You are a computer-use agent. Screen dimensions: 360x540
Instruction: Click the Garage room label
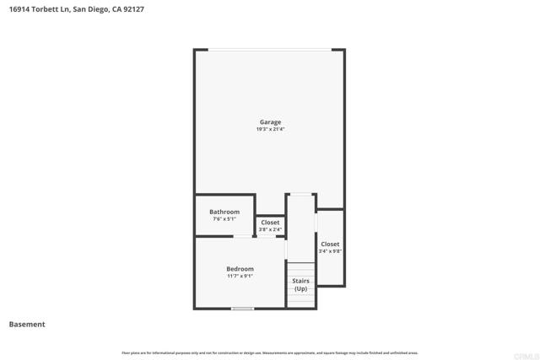pyautogui.click(x=270, y=122)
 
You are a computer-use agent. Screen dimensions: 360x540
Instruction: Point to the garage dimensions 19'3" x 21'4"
pyautogui.click(x=270, y=129)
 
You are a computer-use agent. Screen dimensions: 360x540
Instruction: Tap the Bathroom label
pyautogui.click(x=224, y=212)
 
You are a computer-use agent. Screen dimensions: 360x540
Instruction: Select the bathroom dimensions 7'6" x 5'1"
pyautogui.click(x=224, y=219)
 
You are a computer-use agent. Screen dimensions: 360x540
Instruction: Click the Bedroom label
pyautogui.click(x=240, y=269)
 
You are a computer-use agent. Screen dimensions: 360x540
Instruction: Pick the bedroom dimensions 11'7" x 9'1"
pyautogui.click(x=240, y=277)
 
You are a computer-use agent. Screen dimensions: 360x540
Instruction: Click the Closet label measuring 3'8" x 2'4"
pyautogui.click(x=270, y=223)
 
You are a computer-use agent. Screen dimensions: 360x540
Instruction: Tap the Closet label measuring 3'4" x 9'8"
pyautogui.click(x=330, y=244)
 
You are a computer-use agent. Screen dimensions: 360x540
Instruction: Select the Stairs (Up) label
pyautogui.click(x=300, y=284)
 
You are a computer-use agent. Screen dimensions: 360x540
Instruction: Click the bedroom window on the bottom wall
pyautogui.click(x=243, y=309)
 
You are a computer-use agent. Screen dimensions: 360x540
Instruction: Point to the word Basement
pyautogui.click(x=27, y=324)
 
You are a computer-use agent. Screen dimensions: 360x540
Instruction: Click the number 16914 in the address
pyautogui.click(x=21, y=9)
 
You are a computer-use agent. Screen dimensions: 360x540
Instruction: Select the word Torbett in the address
pyautogui.click(x=49, y=9)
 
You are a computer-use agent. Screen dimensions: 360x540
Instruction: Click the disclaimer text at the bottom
pyautogui.click(x=270, y=352)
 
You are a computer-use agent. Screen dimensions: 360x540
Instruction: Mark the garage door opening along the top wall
pyautogui.click(x=270, y=50)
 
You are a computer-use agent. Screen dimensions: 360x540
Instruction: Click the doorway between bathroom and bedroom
pyautogui.click(x=245, y=237)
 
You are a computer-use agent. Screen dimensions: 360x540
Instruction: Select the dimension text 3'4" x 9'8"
pyautogui.click(x=330, y=251)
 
